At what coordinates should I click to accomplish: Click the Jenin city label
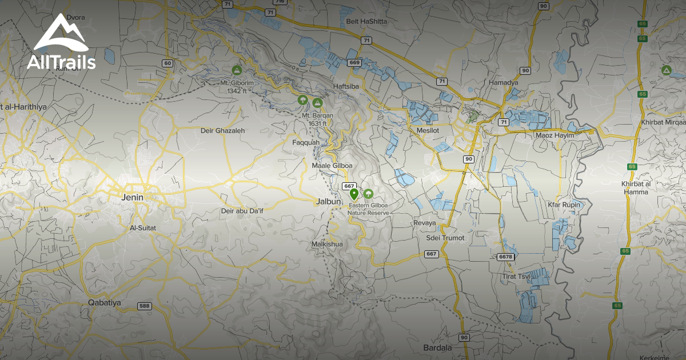(131, 197)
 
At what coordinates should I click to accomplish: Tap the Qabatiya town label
(104, 302)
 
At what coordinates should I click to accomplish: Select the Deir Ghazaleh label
(222, 130)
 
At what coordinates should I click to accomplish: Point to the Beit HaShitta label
(366, 22)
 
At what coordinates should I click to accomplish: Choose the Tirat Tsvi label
(516, 277)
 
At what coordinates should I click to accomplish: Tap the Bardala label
(437, 347)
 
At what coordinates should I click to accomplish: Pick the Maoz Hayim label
(554, 135)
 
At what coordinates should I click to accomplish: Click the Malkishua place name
(326, 244)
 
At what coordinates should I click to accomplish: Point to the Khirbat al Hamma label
(635, 187)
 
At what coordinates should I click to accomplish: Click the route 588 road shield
(145, 306)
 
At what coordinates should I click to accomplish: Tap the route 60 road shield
(167, 63)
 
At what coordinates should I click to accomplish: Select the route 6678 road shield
(505, 257)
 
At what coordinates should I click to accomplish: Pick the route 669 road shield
(354, 62)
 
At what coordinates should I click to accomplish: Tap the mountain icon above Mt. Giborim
(236, 70)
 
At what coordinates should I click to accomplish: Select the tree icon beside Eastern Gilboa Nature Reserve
(368, 194)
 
